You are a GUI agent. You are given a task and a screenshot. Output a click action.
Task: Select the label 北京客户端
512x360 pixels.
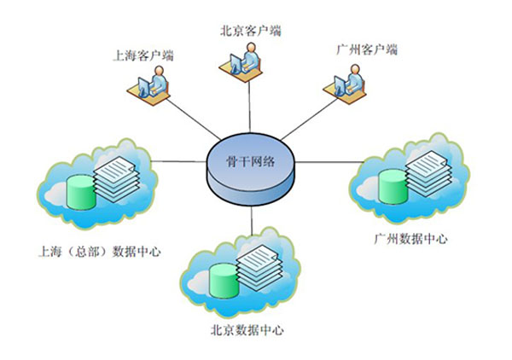pyautogui.click(x=249, y=32)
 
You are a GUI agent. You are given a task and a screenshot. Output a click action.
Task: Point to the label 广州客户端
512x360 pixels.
pyautogui.click(x=366, y=49)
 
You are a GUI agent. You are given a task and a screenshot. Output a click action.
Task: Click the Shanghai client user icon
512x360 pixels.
pyautogui.click(x=151, y=84)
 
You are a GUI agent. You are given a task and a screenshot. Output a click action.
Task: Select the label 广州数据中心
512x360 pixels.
pyautogui.click(x=410, y=239)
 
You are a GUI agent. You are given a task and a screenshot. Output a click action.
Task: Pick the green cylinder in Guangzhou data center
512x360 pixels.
pyautogui.click(x=393, y=184)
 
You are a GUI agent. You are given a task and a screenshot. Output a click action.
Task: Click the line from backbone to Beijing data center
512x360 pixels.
pyautogui.click(x=253, y=218)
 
